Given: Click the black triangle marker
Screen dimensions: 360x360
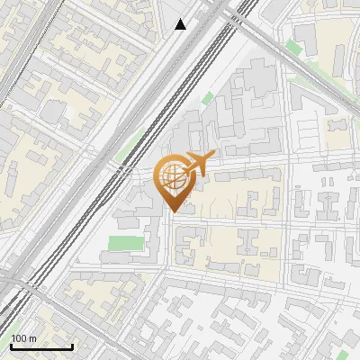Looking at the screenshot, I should click(x=181, y=24).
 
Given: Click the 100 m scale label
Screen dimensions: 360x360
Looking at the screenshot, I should click(x=24, y=339).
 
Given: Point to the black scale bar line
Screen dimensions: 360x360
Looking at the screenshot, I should click(x=41, y=346).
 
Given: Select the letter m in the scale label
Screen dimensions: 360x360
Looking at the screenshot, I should click(x=33, y=339).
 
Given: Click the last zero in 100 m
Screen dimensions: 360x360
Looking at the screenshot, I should click(x=24, y=339).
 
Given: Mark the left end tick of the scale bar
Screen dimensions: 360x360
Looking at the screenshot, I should click(x=11, y=345).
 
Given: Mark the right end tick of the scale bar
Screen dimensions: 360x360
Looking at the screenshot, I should click(x=72, y=345).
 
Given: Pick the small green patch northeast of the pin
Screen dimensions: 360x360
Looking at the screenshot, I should click(x=208, y=97).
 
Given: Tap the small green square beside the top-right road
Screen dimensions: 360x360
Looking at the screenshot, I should click(x=293, y=47).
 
